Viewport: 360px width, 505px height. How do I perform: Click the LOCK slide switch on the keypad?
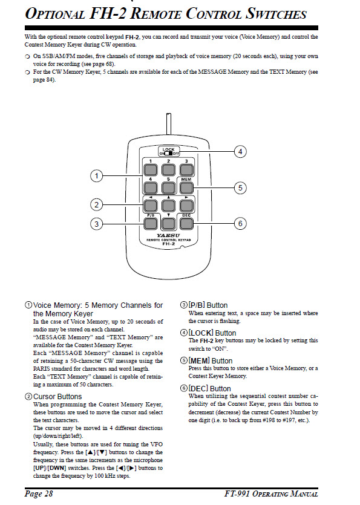click(x=169, y=151)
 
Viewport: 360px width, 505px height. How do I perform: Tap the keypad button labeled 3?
click(x=186, y=170)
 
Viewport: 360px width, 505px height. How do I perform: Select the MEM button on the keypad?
click(x=186, y=187)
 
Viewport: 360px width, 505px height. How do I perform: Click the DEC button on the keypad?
click(x=186, y=224)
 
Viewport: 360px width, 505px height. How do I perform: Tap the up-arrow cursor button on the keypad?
click(x=168, y=206)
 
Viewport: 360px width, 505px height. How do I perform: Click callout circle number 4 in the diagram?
click(x=240, y=151)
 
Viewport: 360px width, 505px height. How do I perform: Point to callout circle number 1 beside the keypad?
click(x=96, y=176)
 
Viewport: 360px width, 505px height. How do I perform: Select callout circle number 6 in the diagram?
click(x=240, y=224)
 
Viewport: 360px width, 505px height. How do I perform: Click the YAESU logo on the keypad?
click(x=168, y=236)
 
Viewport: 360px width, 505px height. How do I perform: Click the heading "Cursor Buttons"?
click(x=57, y=397)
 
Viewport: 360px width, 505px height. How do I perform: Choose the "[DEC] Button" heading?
click(x=209, y=389)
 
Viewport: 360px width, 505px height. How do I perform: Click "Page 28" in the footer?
click(x=39, y=494)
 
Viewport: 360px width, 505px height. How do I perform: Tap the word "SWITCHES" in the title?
click(x=277, y=14)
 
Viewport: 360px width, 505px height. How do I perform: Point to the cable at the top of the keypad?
click(x=168, y=124)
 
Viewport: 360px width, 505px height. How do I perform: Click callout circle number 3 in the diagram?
click(x=96, y=224)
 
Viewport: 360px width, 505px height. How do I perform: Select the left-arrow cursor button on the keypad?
click(x=150, y=206)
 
